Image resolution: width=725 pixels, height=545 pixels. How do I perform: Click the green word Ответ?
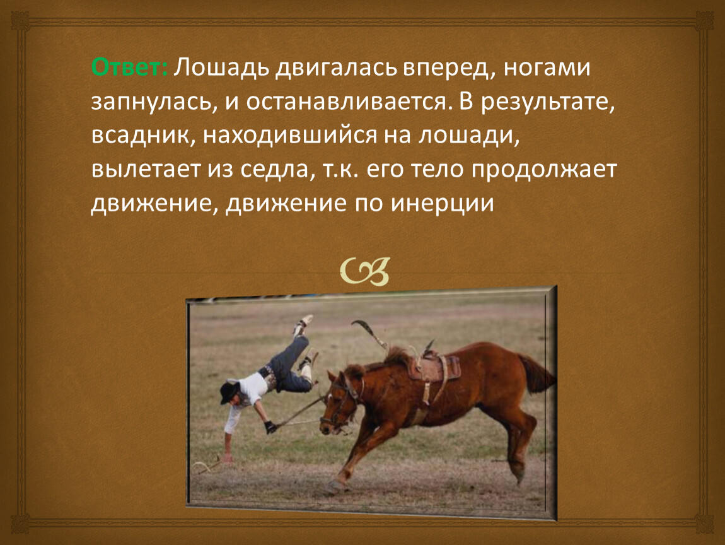pyautogui.click(x=130, y=67)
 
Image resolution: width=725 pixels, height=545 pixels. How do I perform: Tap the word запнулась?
pyautogui.click(x=154, y=102)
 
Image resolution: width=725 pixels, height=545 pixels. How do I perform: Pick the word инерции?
pyautogui.click(x=443, y=204)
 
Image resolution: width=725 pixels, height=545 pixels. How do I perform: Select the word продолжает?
pyautogui.click(x=544, y=170)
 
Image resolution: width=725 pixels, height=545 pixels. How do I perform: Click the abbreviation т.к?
pyautogui.click(x=339, y=169)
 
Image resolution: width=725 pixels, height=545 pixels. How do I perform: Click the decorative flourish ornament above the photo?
pyautogui.click(x=365, y=271)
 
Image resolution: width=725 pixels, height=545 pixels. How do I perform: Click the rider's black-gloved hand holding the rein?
pyautogui.click(x=271, y=426)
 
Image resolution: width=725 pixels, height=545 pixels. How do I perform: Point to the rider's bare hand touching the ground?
pyautogui.click(x=227, y=459)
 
